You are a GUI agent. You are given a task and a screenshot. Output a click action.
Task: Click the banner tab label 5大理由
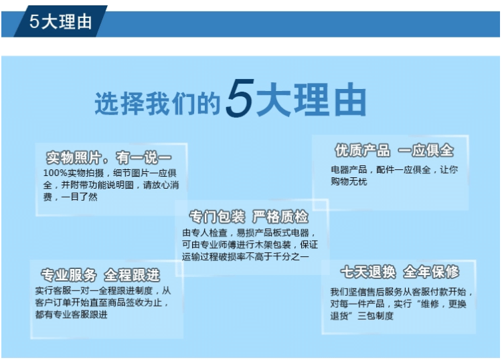60,22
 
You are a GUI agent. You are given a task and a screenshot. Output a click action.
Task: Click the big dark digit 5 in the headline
240,98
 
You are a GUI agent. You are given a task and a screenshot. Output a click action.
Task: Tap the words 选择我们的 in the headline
157,103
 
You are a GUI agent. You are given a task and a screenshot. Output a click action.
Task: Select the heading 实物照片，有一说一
109,157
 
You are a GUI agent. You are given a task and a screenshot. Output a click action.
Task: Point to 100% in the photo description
55,173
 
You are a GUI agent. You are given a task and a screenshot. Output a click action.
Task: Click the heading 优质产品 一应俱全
394,151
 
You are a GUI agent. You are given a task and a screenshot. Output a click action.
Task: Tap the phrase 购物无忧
349,181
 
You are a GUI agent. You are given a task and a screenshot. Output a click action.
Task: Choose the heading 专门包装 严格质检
249,217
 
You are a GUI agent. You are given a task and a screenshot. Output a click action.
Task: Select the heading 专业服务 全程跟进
100,275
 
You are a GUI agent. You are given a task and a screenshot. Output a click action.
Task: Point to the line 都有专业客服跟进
72,314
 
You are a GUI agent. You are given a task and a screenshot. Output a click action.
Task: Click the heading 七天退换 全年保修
400,272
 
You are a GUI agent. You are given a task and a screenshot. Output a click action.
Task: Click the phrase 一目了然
80,197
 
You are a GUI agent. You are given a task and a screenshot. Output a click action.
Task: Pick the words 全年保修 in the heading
431,272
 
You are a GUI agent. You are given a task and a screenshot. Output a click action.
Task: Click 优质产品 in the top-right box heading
362,151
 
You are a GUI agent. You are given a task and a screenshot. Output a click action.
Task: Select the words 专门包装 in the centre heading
217,217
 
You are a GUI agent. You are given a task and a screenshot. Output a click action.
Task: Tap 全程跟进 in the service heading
133,275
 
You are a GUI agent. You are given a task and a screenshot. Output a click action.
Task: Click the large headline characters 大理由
311,99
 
